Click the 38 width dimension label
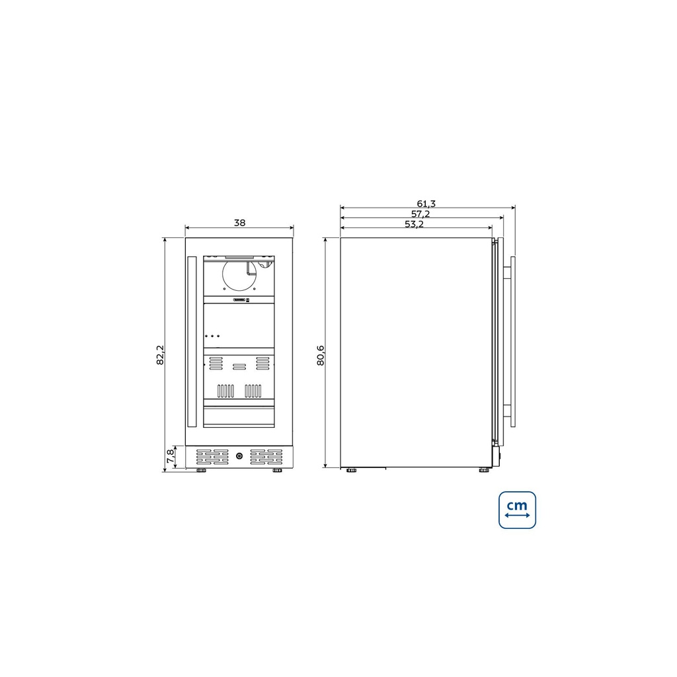[239, 223]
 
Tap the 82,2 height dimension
[160, 355]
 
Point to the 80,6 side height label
[321, 355]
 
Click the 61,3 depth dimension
[426, 204]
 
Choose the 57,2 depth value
[420, 214]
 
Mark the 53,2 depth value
[415, 224]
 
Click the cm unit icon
[517, 510]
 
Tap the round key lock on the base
[239, 456]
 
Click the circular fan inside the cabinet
[239, 276]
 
